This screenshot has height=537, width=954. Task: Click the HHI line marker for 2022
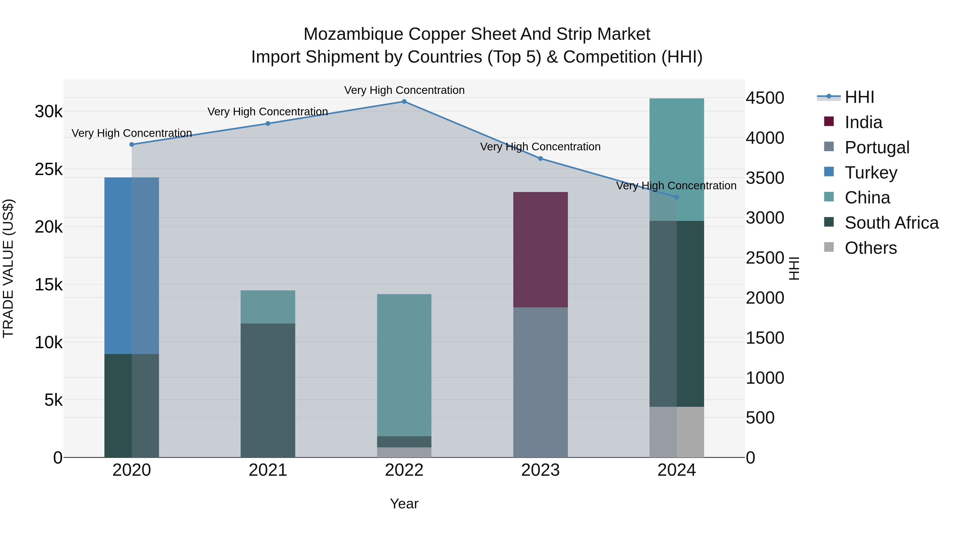pos(404,102)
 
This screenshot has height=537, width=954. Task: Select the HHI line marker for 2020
pos(132,145)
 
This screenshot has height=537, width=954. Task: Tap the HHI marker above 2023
pos(540,159)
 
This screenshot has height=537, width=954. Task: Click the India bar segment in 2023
pos(540,250)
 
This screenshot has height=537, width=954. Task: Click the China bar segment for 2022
pos(404,365)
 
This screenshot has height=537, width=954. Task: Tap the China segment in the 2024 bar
pos(677,159)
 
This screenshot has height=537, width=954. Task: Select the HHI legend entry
pos(859,97)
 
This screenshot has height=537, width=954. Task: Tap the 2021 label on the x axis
pos(268,470)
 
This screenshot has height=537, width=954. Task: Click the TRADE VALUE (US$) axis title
pos(8,268)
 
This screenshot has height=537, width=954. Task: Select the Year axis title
pos(404,504)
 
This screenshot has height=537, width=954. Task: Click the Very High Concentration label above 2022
pos(404,90)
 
